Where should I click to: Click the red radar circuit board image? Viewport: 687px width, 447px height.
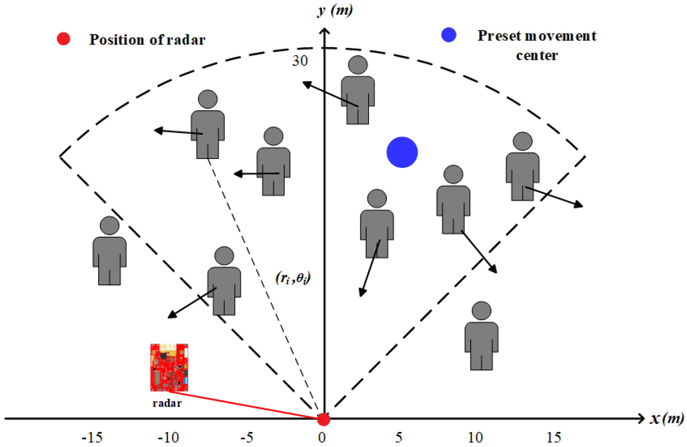click(x=169, y=367)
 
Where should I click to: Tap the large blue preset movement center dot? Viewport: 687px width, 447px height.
click(x=402, y=152)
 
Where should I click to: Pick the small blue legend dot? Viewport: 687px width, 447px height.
click(x=449, y=35)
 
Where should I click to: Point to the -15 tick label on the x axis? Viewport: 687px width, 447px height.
click(x=92, y=438)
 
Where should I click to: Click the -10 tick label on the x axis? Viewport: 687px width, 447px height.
click(x=168, y=438)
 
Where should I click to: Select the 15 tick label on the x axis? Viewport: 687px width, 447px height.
click(x=554, y=438)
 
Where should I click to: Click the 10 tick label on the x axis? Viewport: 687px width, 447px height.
click(x=475, y=438)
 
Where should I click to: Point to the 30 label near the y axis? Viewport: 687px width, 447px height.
click(x=300, y=61)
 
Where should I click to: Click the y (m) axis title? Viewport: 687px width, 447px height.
click(x=335, y=11)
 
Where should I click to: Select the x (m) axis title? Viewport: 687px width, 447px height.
click(x=666, y=418)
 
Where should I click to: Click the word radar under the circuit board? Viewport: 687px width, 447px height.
click(x=167, y=403)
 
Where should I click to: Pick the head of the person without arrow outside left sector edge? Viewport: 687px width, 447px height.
click(x=109, y=225)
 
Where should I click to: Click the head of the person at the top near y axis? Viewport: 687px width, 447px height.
click(x=358, y=65)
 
